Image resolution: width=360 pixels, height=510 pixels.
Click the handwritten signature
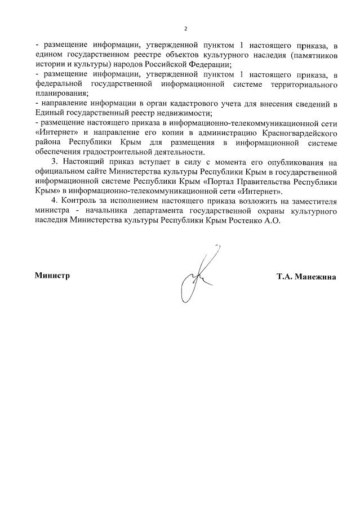click(x=197, y=273)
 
